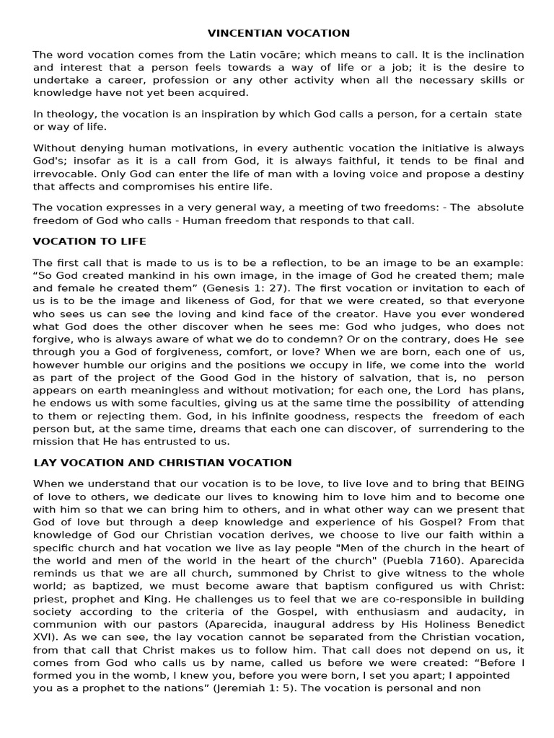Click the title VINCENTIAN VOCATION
point(278,33)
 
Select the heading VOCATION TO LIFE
point(89,241)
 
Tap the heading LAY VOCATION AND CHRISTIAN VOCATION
point(162,463)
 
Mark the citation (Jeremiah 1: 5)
point(252,688)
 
